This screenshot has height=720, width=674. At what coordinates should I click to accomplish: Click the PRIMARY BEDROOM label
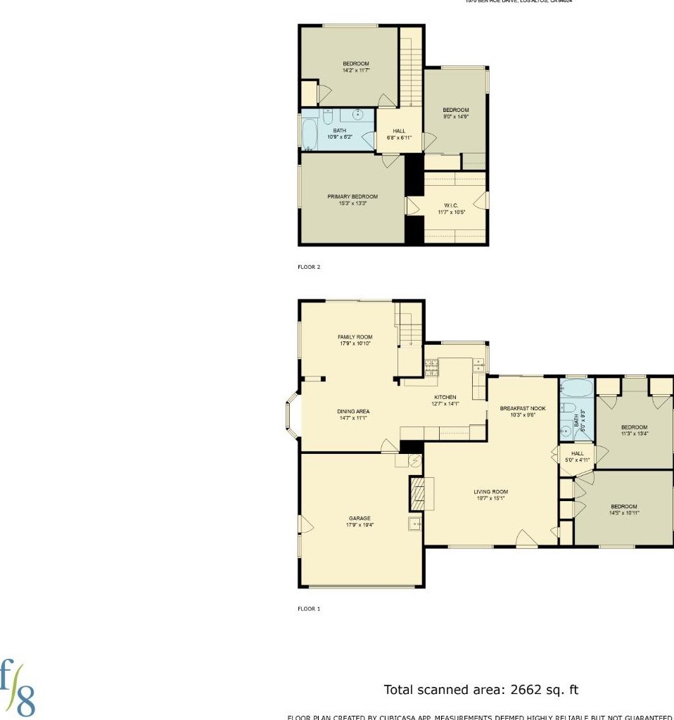(352, 196)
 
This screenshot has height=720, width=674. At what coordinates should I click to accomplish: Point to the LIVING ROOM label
(490, 492)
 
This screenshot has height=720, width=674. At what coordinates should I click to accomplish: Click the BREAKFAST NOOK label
(523, 408)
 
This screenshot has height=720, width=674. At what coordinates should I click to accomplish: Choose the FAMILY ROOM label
(355, 337)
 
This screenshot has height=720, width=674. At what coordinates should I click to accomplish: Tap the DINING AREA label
(353, 412)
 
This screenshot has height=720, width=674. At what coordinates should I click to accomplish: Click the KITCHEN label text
(445, 397)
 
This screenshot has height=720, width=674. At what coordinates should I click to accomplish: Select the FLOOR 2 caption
(309, 267)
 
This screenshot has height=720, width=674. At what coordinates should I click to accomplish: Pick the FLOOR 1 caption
(309, 609)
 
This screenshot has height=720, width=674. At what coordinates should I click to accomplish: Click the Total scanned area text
(481, 690)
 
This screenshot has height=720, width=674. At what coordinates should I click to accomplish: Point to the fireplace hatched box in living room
(418, 493)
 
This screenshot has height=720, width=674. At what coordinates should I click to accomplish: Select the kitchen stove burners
(431, 367)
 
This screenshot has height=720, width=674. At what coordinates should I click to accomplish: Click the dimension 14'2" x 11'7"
(356, 70)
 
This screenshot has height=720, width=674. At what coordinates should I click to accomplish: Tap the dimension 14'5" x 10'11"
(624, 513)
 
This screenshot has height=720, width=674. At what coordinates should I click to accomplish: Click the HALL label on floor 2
(399, 131)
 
